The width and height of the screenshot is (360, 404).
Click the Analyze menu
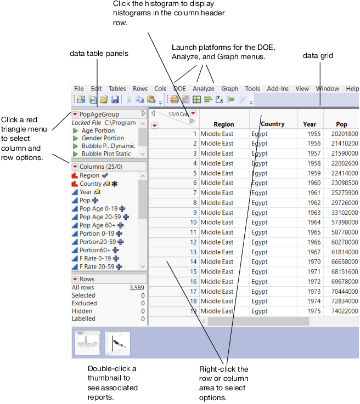pyautogui.click(x=204, y=88)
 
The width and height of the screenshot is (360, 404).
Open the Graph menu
pyautogui.click(x=230, y=88)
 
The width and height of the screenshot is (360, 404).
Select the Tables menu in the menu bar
pyautogui.click(x=117, y=88)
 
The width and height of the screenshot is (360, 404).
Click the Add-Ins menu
pyautogui.click(x=277, y=88)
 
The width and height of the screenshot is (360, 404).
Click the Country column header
pyautogui.click(x=273, y=124)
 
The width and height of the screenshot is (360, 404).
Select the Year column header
pyautogui.click(x=310, y=124)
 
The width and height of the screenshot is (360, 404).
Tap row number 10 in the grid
pyautogui.click(x=193, y=223)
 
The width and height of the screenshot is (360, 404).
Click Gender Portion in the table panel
pyautogui.click(x=103, y=138)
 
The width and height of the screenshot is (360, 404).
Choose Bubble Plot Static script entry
pyautogui.click(x=106, y=154)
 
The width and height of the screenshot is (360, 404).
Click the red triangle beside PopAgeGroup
pyautogui.click(x=76, y=113)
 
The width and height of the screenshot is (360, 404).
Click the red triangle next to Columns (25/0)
pyautogui.click(x=76, y=166)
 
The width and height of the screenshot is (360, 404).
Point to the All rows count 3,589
pyautogui.click(x=136, y=288)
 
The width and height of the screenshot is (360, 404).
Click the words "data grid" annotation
pyautogui.click(x=318, y=56)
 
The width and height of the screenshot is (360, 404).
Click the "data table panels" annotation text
pyautogui.click(x=99, y=53)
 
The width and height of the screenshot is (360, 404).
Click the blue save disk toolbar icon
pyautogui.click(x=115, y=100)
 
